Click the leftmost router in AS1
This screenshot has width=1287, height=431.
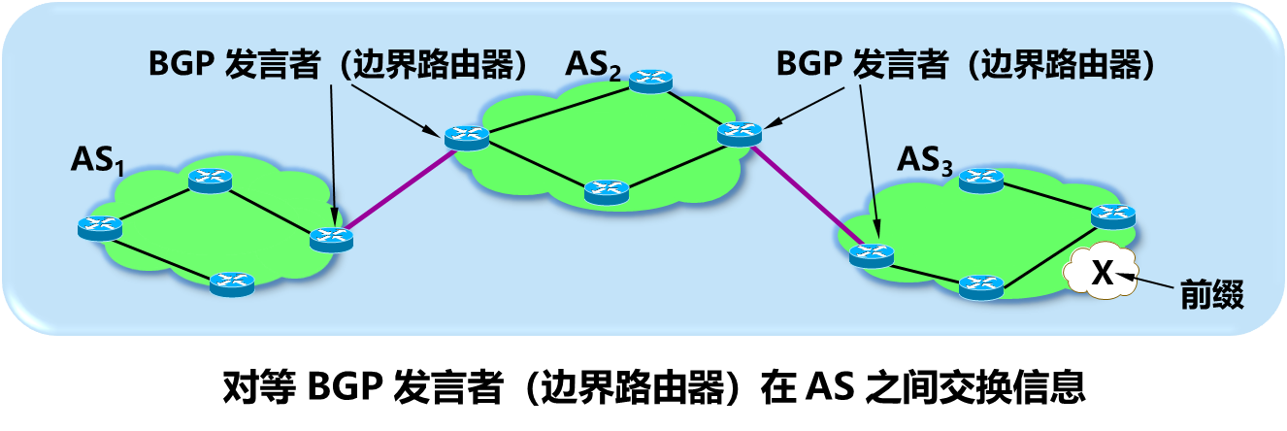tap(100, 228)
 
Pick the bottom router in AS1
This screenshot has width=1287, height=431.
tap(232, 283)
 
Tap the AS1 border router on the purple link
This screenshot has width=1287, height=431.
tap(331, 237)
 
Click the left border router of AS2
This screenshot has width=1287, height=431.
tap(466, 137)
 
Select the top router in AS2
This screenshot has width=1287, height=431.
tap(650, 81)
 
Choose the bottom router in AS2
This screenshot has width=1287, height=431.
tap(607, 191)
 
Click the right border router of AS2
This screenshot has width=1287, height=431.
tap(740, 134)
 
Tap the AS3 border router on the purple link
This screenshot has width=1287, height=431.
tap(871, 256)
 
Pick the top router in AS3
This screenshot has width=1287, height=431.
tap(979, 180)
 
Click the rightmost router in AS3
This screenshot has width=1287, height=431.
tap(1112, 215)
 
